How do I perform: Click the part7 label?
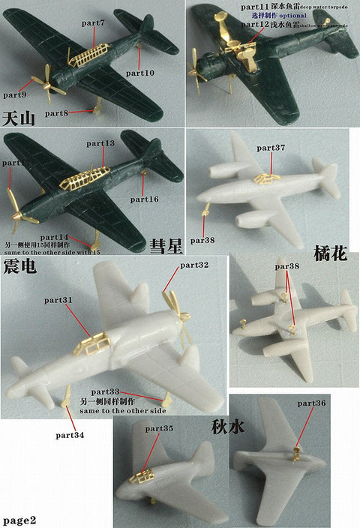[94, 22]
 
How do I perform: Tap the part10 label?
[140, 73]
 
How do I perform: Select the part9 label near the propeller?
[15, 95]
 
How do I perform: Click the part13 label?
[100, 143]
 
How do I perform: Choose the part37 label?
[271, 148]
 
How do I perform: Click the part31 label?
[79, 300]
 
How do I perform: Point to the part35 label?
[159, 428]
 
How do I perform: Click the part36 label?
[311, 403]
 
